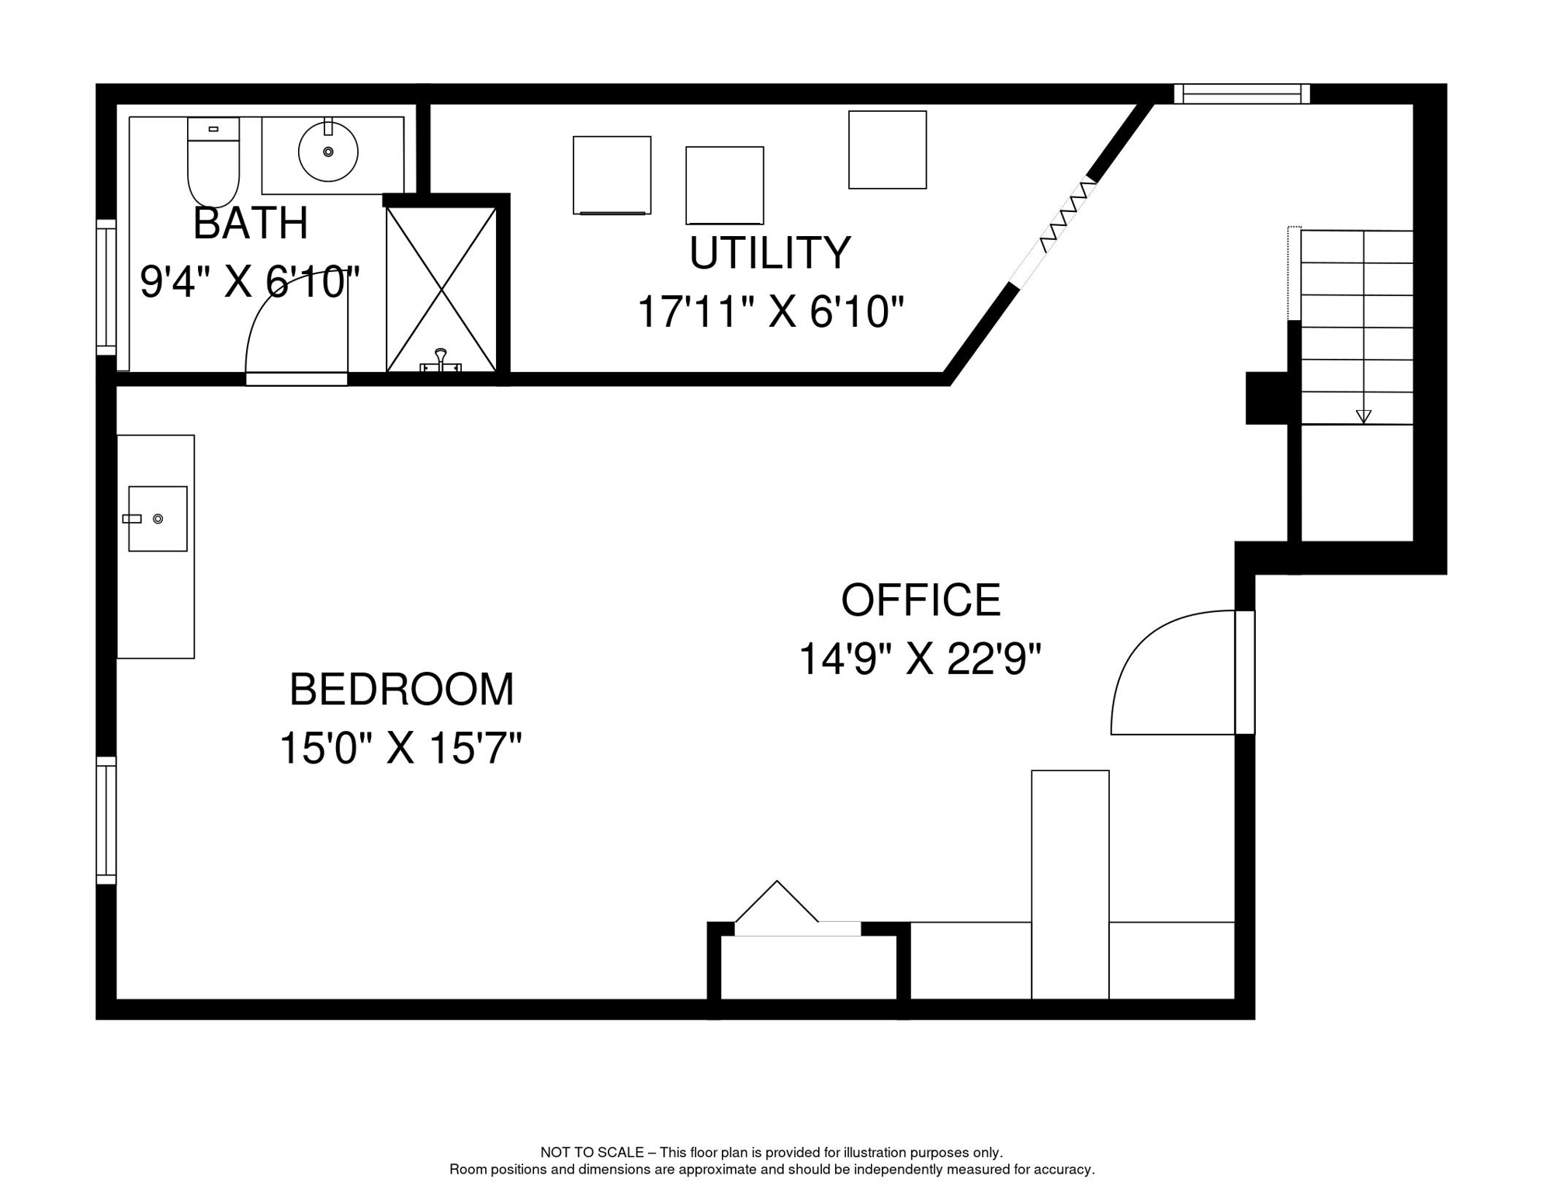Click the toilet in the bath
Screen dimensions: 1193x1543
pyautogui.click(x=213, y=164)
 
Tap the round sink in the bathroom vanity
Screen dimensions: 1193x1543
pyautogui.click(x=328, y=151)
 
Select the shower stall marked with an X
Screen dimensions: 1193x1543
pyautogui.click(x=441, y=290)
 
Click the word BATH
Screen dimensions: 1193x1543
pyautogui.click(x=250, y=224)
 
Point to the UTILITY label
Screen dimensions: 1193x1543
pyautogui.click(x=769, y=253)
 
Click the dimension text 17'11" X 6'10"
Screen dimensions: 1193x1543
pyautogui.click(x=770, y=312)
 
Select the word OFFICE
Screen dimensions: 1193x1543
pyautogui.click(x=921, y=600)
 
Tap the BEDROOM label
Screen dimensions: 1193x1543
pyautogui.click(x=401, y=690)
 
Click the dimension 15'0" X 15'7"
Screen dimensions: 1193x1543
pyautogui.click(x=400, y=749)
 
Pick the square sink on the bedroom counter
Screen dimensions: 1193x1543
pyautogui.click(x=158, y=519)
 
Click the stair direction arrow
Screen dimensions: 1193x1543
pyautogui.click(x=1363, y=416)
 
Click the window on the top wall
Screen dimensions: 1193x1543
pyautogui.click(x=1241, y=94)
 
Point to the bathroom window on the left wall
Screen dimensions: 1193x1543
pyautogui.click(x=106, y=287)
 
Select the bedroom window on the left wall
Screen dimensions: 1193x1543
pyautogui.click(x=106, y=820)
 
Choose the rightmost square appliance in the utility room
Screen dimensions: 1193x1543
pyautogui.click(x=887, y=150)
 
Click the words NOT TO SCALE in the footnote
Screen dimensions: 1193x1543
pyautogui.click(x=591, y=1153)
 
